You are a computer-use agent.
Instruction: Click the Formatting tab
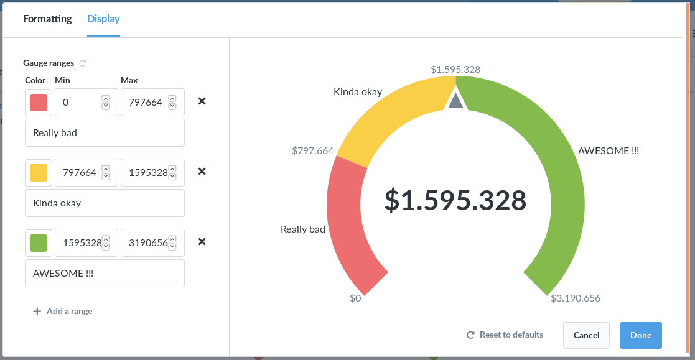pos(47,19)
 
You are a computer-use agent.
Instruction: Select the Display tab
pos(103,19)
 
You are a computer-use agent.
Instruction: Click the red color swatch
pos(39,102)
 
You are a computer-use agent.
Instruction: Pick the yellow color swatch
pos(39,172)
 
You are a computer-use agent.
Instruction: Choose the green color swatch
pos(39,242)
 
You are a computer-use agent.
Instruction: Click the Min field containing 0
pos(78,102)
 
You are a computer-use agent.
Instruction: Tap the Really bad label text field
pos(105,132)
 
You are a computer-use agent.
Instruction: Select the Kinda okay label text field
pos(105,203)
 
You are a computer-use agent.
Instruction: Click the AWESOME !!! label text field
pos(105,273)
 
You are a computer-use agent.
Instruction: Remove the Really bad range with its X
pos(202,101)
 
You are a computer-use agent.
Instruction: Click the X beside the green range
pos(202,242)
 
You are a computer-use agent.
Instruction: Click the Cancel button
pos(586,335)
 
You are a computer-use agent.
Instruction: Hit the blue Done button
pos(640,335)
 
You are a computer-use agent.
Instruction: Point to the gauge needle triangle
pos(455,101)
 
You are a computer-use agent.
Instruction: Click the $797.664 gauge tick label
pos(313,150)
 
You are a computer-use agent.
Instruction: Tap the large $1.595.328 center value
pos(455,200)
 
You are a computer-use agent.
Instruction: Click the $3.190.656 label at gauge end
pos(576,298)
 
